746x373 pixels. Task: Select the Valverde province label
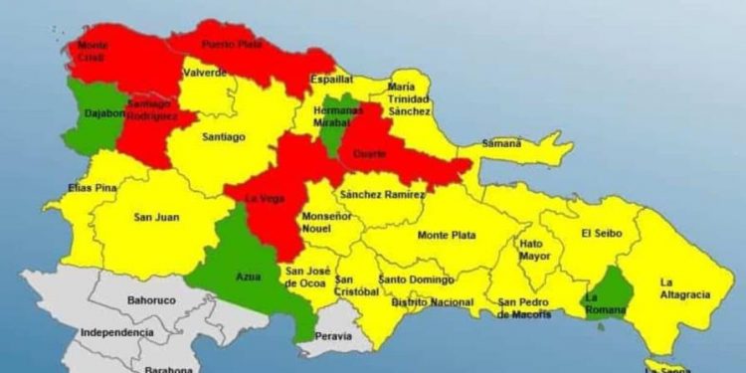coord(205,73)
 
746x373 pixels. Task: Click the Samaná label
coord(501,143)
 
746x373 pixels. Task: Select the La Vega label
coord(266,198)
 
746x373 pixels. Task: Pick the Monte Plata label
coord(447,236)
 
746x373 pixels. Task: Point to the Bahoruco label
coord(151,297)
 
